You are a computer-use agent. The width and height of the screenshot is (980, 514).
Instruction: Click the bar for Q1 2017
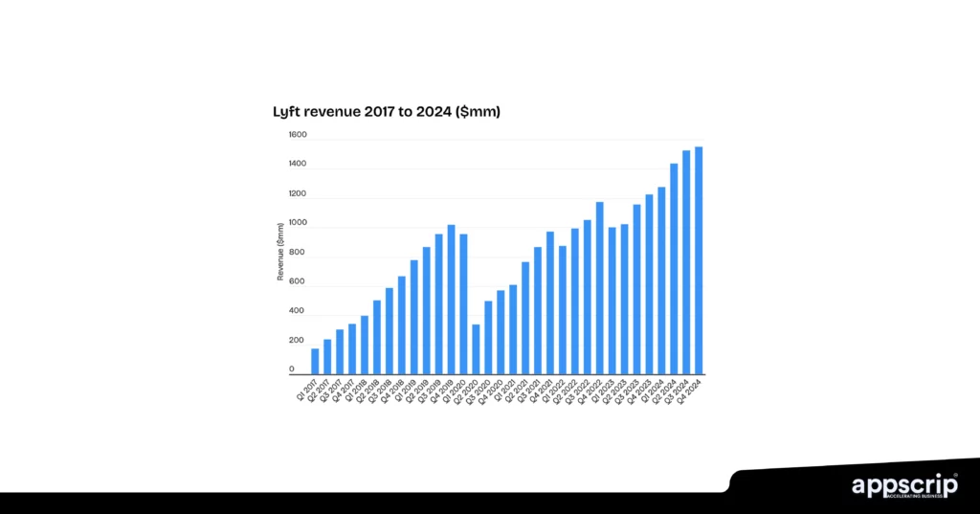coord(315,361)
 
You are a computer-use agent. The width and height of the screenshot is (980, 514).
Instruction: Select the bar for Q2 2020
coord(476,349)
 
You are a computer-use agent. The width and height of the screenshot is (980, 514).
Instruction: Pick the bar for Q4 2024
coord(699,259)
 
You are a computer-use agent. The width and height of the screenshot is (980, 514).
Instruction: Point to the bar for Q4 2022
coord(599,287)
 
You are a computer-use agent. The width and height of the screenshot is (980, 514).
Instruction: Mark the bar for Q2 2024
coord(674,268)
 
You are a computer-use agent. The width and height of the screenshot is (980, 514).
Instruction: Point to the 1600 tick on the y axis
coord(298,136)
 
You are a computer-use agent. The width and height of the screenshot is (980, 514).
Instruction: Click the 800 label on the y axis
coord(298,253)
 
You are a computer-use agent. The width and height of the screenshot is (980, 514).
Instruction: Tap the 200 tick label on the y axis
coord(298,341)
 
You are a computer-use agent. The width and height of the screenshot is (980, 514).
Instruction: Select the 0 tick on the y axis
coord(292,370)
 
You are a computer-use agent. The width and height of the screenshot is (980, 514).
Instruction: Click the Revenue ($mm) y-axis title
coord(280,252)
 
